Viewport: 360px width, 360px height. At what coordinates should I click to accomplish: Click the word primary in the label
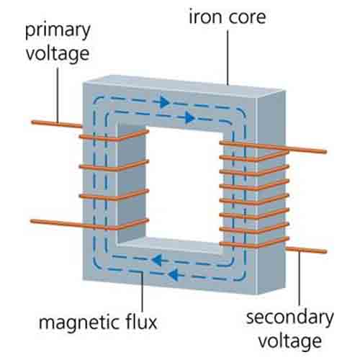(x=58, y=31)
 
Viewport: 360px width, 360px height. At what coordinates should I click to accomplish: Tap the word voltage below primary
(x=58, y=54)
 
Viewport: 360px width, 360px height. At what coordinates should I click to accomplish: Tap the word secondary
(x=290, y=318)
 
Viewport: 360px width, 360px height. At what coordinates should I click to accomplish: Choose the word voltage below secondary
(x=290, y=341)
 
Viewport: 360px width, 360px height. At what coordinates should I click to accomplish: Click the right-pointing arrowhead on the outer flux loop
(x=165, y=102)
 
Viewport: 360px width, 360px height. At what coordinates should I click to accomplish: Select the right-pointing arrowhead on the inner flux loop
(x=190, y=117)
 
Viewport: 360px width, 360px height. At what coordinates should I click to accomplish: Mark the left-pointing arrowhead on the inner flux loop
(x=157, y=260)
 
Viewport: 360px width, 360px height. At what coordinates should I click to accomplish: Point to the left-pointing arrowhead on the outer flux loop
(x=174, y=274)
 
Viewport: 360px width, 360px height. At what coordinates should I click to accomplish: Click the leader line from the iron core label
(x=228, y=58)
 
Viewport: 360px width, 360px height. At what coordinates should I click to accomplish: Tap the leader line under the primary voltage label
(x=58, y=95)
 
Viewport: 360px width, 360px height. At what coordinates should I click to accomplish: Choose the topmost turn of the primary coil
(x=114, y=136)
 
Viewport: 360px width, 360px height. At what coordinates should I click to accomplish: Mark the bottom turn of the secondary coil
(x=254, y=243)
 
